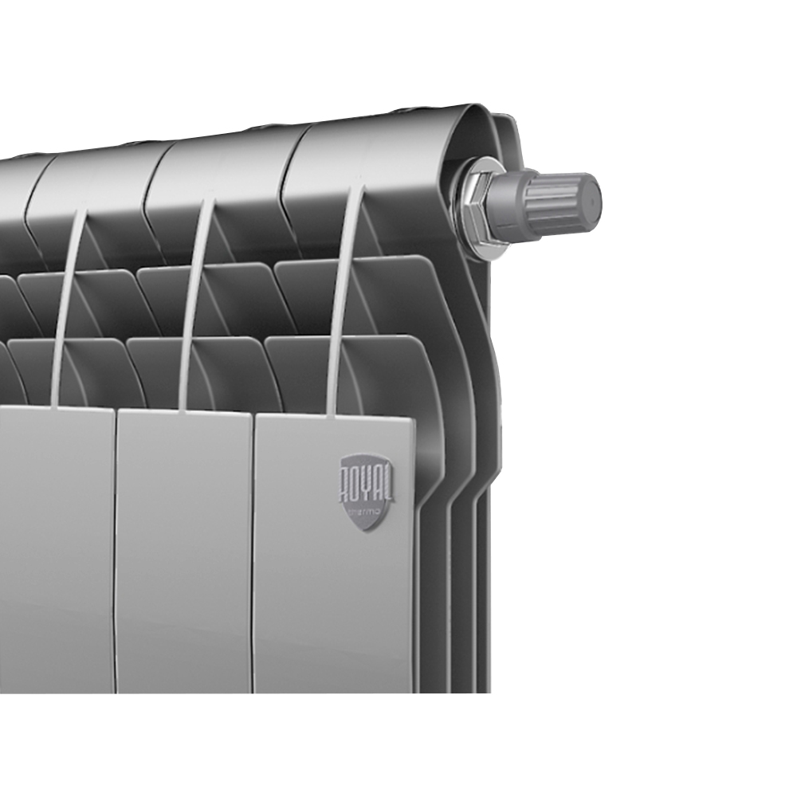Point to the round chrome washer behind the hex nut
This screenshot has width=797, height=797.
point(462,209)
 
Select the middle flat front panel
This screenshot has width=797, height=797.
point(185,558)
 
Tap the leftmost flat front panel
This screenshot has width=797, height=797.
point(56,558)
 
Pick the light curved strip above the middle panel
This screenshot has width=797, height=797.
point(195,311)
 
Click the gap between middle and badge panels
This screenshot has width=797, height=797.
point(253,558)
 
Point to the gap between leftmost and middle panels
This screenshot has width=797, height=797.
point(116,558)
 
